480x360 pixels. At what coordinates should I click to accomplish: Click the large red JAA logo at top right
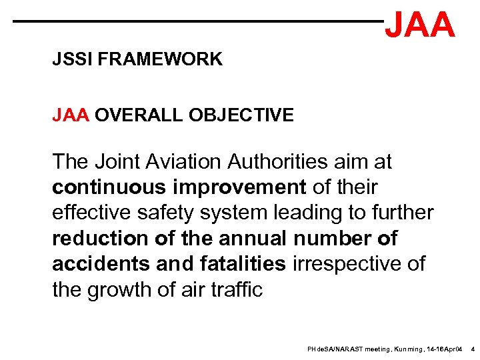420,25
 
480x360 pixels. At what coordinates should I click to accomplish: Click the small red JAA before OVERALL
71,115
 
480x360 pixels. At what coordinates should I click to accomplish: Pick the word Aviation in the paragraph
181,161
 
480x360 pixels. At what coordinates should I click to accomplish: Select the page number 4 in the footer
472,349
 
